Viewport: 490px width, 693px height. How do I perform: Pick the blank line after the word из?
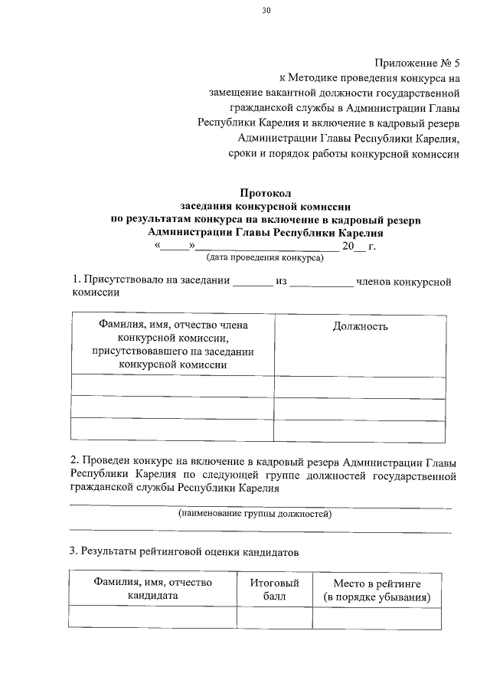pyautogui.click(x=322, y=283)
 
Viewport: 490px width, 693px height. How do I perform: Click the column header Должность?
pyautogui.click(x=360, y=327)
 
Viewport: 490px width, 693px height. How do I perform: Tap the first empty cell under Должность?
pyautogui.click(x=360, y=385)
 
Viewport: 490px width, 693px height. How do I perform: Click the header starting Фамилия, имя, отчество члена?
pyautogui.click(x=173, y=325)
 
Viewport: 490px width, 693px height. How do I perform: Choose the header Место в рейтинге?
pyautogui.click(x=377, y=583)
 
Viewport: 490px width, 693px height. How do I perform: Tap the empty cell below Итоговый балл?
pyautogui.click(x=274, y=617)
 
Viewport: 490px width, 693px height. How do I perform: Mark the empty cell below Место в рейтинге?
pyautogui.click(x=377, y=617)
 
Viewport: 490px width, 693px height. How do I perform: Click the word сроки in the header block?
pyautogui.click(x=243, y=154)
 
